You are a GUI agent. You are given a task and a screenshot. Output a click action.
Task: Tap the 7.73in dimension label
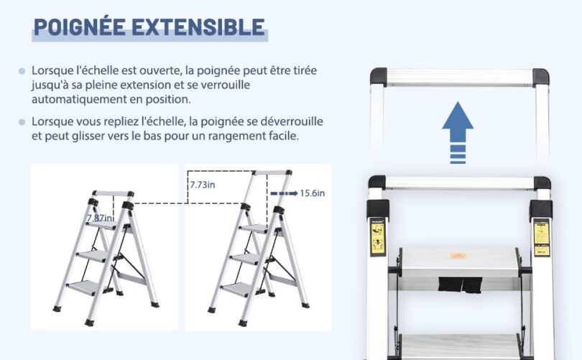point(203,185)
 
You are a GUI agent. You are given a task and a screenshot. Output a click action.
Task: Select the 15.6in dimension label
point(313,193)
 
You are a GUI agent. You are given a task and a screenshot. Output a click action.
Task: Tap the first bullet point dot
point(22,72)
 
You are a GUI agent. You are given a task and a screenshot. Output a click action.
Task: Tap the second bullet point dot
point(22,122)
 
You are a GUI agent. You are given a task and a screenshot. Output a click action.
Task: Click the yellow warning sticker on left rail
point(377,236)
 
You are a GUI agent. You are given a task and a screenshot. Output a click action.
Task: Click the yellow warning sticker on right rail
point(541,238)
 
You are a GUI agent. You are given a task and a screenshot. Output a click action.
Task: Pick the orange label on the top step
point(458,255)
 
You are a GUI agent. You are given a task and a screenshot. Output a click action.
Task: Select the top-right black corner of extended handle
point(540,75)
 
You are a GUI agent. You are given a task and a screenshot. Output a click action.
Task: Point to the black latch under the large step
point(458,284)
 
